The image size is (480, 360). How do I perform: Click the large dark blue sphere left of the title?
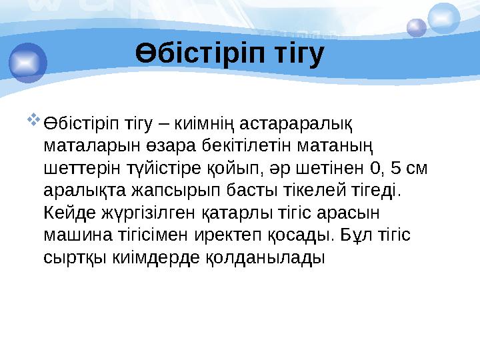tap(27, 61)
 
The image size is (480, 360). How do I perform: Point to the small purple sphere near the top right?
tap(417, 27)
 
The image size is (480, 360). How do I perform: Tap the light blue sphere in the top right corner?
tap(443, 18)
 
